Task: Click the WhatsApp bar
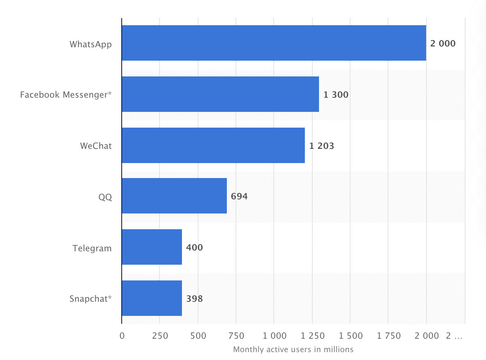274,43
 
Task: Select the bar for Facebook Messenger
220,94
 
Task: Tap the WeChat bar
213,145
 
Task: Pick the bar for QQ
174,196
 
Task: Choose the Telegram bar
152,247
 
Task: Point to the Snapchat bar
152,298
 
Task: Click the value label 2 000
443,43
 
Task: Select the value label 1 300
336,95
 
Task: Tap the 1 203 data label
321,146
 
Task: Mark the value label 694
239,196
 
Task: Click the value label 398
195,299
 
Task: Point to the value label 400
195,247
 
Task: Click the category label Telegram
92,248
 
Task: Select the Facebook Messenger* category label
66,95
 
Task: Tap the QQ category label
105,197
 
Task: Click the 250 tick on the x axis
160,336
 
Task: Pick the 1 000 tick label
275,336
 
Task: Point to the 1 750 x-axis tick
389,336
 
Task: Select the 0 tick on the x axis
122,336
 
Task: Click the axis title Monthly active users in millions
293,349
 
